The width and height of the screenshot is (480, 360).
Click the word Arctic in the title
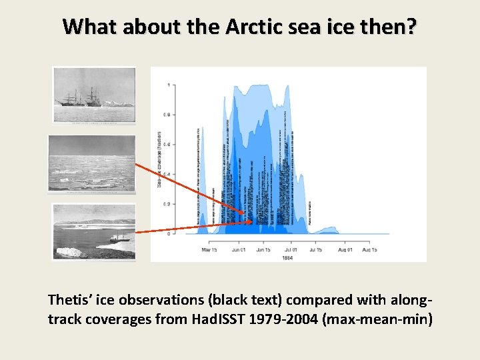coord(250,27)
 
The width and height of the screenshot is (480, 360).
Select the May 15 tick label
coord(210,250)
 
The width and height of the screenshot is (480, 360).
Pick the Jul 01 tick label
coord(290,250)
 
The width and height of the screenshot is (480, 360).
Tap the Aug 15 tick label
coord(369,250)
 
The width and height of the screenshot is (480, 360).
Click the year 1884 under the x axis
coord(288,257)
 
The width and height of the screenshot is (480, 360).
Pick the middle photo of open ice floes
coord(92,163)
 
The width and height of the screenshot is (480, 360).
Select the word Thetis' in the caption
coord(70,301)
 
